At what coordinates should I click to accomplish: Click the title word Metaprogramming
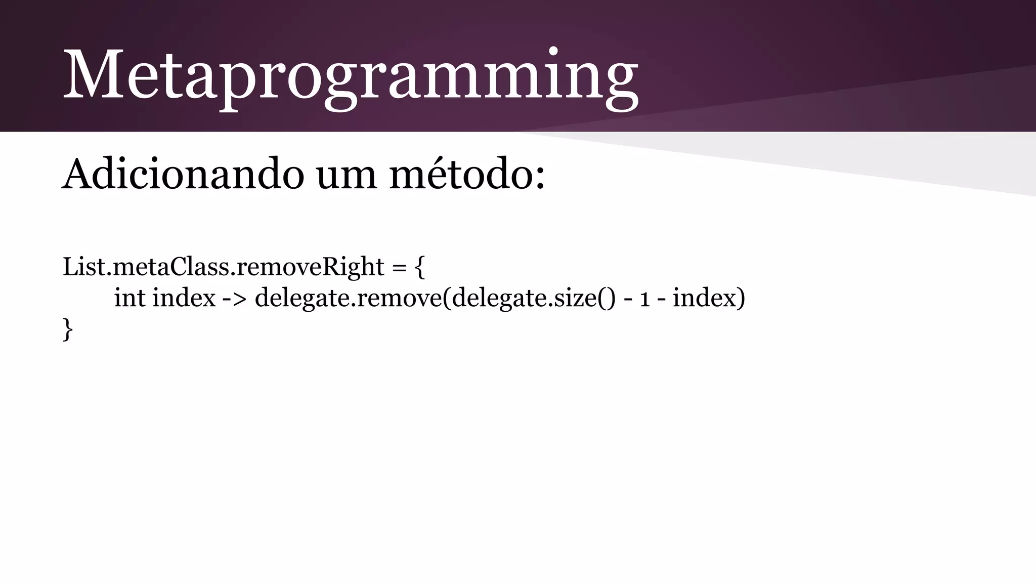(350, 76)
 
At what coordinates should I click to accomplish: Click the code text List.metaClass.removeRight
(223, 267)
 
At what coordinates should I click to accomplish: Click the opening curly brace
(420, 267)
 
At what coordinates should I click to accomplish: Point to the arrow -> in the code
(235, 299)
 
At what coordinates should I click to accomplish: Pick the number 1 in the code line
(644, 299)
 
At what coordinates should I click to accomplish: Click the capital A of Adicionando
(79, 174)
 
